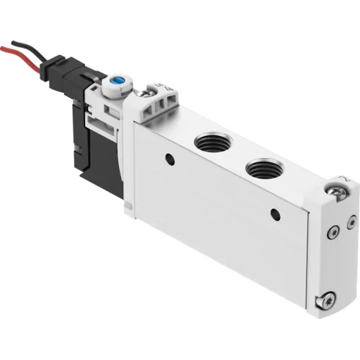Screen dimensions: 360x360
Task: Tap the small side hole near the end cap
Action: click(x=276, y=214)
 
